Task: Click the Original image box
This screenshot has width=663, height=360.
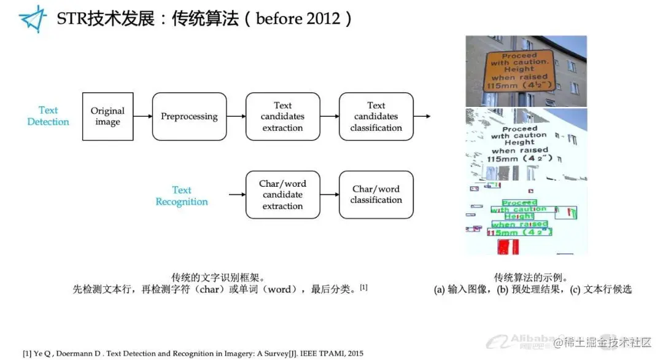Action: point(107,117)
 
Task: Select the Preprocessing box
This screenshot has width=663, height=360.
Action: point(189,117)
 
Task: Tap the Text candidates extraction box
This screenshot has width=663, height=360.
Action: point(282,117)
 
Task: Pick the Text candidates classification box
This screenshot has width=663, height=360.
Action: point(376,117)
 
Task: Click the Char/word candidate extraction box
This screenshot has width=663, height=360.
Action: point(282,195)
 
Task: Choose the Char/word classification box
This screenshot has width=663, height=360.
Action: point(376,195)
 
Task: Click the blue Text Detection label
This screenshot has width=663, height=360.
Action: point(48,116)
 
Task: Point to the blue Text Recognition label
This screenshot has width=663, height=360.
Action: point(182,196)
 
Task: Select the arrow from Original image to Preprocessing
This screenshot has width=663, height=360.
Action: point(142,116)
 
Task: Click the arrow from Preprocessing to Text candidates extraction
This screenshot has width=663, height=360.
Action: point(236,116)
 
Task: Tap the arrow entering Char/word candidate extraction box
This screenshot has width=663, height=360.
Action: point(236,195)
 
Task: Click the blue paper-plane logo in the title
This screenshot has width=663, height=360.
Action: point(33,18)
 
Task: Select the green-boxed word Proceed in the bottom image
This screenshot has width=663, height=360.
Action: point(519,203)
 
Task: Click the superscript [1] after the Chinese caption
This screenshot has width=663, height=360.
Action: point(363,286)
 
